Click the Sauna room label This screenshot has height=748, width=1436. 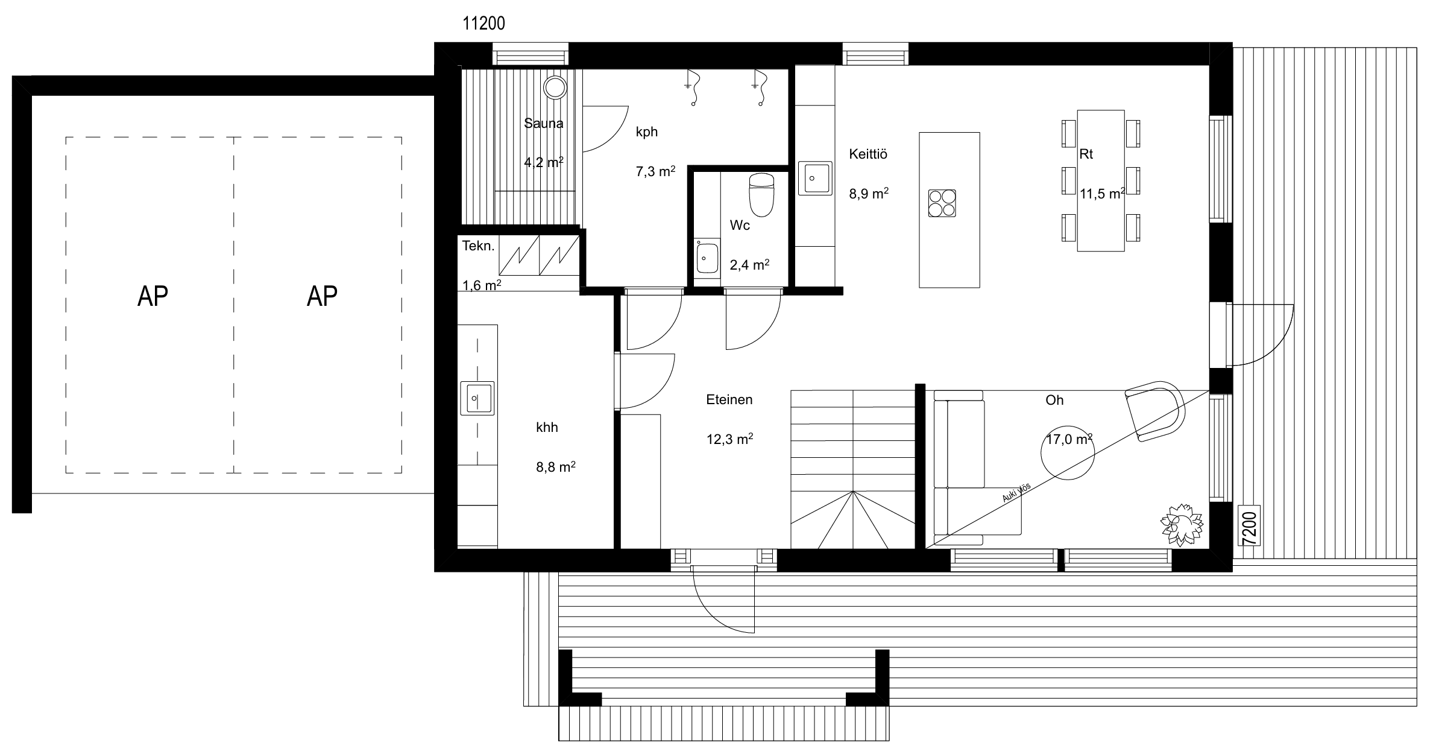(x=543, y=124)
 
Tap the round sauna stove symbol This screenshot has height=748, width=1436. (x=555, y=87)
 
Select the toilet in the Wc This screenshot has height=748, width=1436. (x=761, y=195)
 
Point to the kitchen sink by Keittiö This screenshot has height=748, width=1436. (x=815, y=178)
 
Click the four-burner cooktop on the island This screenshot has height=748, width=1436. (x=942, y=203)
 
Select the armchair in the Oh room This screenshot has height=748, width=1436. (x=1155, y=411)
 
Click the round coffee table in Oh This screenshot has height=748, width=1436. (x=1068, y=454)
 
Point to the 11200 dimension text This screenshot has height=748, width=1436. (x=483, y=24)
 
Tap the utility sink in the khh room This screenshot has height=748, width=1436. (x=477, y=398)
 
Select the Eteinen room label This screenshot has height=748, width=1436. (x=729, y=400)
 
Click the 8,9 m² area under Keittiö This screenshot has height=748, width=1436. (x=869, y=194)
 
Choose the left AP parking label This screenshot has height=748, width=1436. (x=153, y=296)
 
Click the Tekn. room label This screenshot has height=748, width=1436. (x=479, y=246)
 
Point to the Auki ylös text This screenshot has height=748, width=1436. (x=1016, y=493)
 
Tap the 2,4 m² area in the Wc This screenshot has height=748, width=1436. (x=749, y=265)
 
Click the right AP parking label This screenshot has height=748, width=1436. (x=322, y=296)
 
